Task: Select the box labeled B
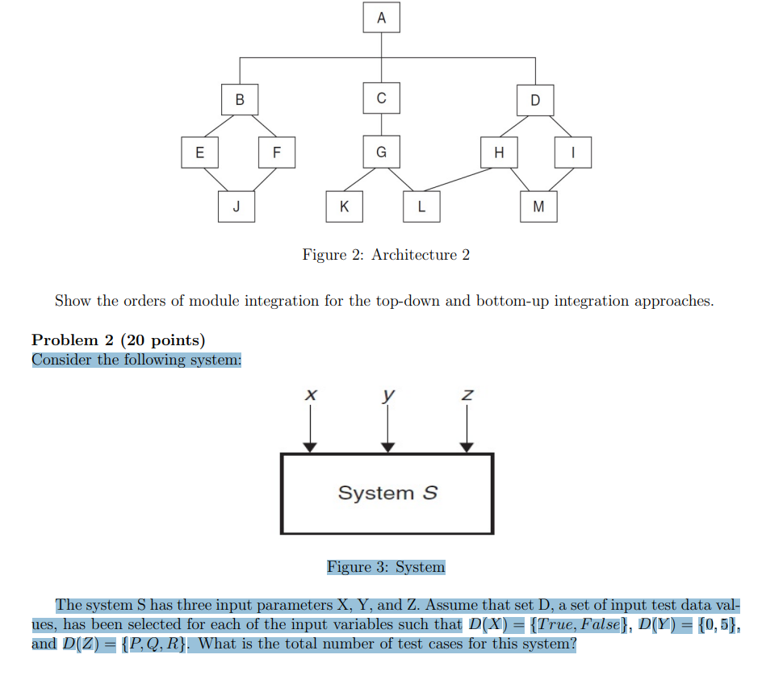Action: tap(239, 100)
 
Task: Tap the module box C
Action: tap(381, 98)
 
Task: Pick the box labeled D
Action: tap(535, 100)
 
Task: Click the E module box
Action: tap(199, 152)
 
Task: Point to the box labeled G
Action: tap(381, 152)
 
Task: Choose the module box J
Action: tap(236, 206)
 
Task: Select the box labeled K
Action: tap(344, 206)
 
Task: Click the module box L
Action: tap(421, 206)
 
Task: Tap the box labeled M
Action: tap(538, 206)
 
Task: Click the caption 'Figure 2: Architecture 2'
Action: tap(386, 255)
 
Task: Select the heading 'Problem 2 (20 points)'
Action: tap(119, 340)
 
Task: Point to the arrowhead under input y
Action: tap(388, 447)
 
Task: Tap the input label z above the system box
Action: tap(466, 395)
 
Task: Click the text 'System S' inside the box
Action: tap(387, 493)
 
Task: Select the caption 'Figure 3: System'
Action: tap(386, 567)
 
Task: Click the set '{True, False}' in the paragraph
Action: tap(579, 624)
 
